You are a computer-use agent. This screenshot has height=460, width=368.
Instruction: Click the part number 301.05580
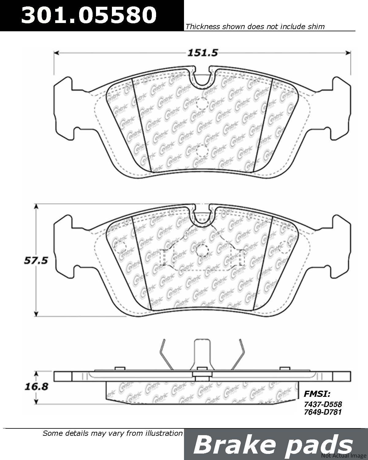[89, 15]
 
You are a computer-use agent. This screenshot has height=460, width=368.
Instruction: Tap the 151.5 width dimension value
[203, 53]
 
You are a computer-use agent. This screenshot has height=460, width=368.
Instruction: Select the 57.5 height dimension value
[36, 261]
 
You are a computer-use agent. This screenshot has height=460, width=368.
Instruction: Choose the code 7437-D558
[323, 404]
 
